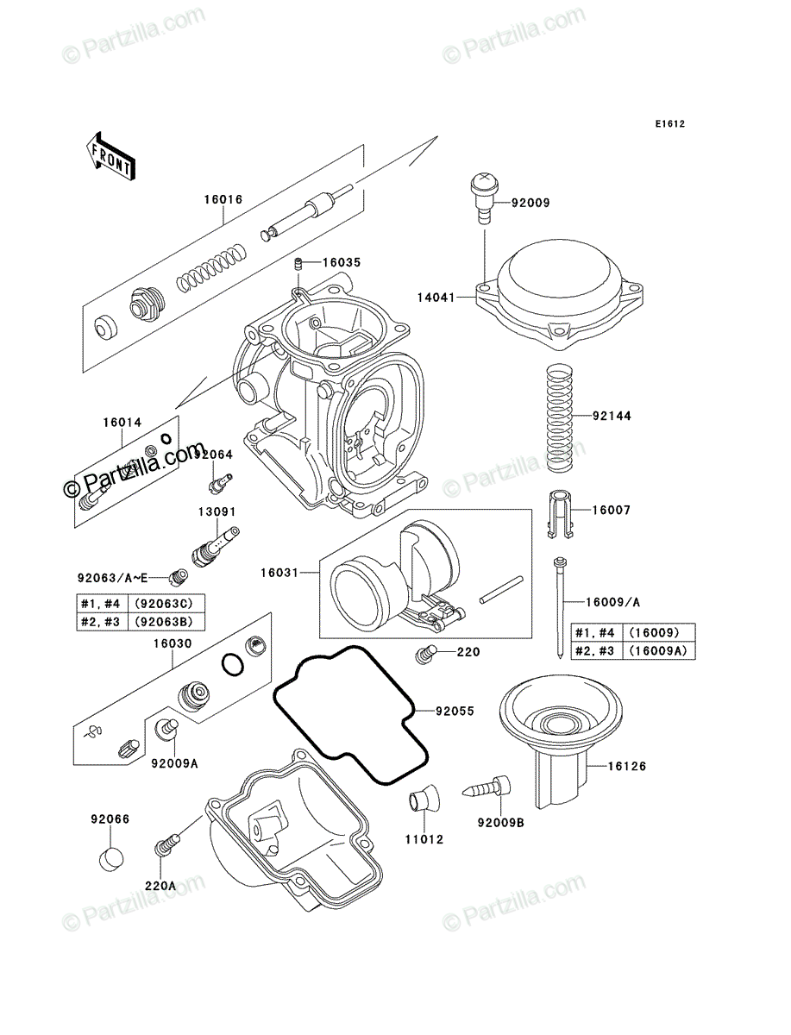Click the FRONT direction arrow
110,156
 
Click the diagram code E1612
670,124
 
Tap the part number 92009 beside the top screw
530,203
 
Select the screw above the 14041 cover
485,198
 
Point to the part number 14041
436,298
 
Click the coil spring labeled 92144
560,417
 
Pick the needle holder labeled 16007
561,514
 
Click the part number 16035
342,262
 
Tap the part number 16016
223,199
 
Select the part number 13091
217,511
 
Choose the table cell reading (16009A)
658,650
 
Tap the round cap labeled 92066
111,859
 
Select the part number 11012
424,839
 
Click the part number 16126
626,766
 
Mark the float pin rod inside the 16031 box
501,589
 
